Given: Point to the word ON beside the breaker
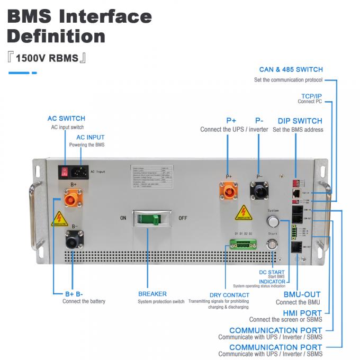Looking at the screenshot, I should (x=122, y=218).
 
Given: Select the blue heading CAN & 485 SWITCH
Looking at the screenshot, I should (x=291, y=69).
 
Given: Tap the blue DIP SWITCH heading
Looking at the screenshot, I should (x=300, y=121).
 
